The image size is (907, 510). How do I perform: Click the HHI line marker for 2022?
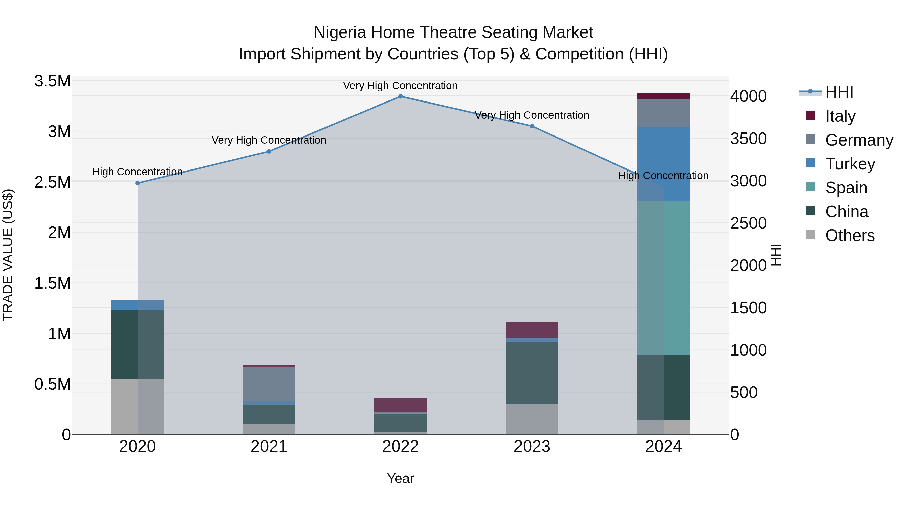click(400, 96)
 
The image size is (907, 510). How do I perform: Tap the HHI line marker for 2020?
click(138, 183)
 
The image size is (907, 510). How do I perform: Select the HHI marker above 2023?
click(532, 126)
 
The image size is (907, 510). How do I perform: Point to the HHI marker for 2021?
click(269, 151)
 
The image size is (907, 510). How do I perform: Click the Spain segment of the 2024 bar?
click(663, 278)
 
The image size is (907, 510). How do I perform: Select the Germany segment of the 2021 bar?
click(269, 384)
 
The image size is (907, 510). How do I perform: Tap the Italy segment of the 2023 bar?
click(532, 329)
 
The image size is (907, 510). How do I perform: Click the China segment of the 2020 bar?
click(138, 344)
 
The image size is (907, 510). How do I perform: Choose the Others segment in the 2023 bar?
click(532, 419)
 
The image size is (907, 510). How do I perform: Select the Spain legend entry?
click(846, 188)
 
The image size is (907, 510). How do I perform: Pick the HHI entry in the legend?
click(839, 92)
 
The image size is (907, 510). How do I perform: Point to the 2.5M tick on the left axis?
click(52, 182)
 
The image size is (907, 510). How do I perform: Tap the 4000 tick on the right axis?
click(748, 96)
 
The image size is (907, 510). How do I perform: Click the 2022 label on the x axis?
click(400, 447)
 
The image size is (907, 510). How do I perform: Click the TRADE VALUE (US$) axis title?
click(8, 255)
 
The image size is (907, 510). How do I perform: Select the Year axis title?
click(400, 478)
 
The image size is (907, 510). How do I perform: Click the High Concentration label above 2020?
click(137, 172)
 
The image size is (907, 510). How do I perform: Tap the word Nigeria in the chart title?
click(340, 33)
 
